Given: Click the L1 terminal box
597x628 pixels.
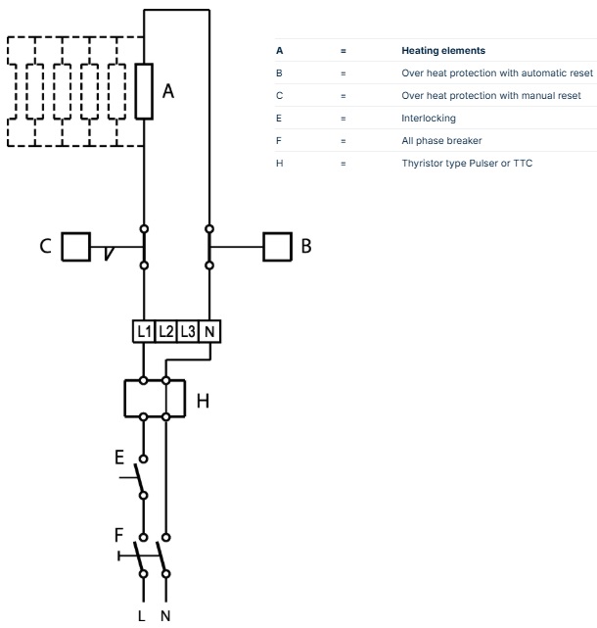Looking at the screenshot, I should (x=144, y=331).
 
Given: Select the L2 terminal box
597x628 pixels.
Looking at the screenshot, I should (x=166, y=331).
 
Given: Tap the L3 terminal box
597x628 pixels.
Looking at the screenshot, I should (x=189, y=331).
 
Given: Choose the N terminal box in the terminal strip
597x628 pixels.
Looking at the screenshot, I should (x=211, y=331).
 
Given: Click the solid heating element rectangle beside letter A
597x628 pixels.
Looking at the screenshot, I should (x=144, y=91).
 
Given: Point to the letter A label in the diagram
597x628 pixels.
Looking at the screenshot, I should (x=168, y=91).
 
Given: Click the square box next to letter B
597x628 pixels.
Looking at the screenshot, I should (x=278, y=246).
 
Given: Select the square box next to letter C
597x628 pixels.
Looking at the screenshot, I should (x=76, y=246).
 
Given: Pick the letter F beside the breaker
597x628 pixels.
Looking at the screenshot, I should (x=119, y=535).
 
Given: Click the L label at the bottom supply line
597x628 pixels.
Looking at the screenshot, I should (x=143, y=616).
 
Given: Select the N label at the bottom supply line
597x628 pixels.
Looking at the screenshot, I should (x=165, y=616).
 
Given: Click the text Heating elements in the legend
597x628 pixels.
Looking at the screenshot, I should (x=441, y=50).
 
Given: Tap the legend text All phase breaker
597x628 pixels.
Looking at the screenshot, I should (x=441, y=140).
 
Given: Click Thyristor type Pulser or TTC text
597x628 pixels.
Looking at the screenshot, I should (x=468, y=163).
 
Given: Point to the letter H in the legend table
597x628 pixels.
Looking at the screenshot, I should (x=279, y=163).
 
